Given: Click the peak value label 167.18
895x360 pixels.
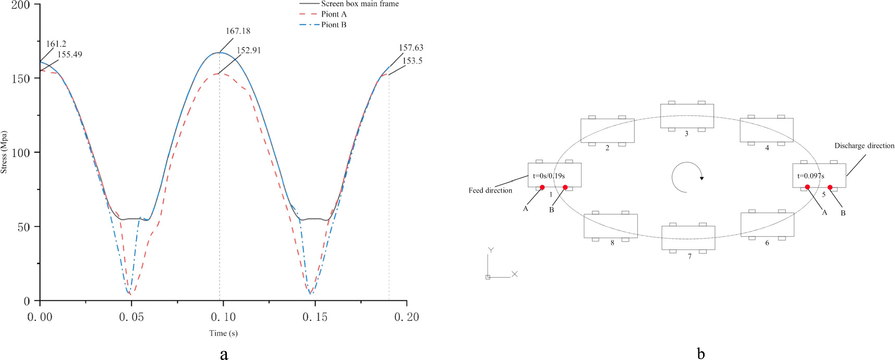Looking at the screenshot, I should [238, 31].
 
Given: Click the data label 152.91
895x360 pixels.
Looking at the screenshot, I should [248, 51].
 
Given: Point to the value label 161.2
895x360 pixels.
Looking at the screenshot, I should [56, 44].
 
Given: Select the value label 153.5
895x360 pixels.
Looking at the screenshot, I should [412, 61].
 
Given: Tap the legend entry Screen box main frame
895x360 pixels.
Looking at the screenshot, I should [359, 4].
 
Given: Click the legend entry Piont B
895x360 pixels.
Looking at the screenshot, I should [333, 25].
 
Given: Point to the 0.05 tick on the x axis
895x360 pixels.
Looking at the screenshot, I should [131, 317].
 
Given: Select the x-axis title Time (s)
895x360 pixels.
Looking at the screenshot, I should [223, 333].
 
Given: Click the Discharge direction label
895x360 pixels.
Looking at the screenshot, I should [864, 146].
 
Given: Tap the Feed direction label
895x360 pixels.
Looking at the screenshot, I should [490, 191].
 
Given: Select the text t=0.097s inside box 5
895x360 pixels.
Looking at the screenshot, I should [811, 176].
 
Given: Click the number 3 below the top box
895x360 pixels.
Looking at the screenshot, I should [686, 134].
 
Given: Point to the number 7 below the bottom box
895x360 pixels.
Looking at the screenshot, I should [690, 257].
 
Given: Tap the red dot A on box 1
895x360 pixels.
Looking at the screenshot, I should [542, 187].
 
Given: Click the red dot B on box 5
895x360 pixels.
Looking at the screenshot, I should [830, 187].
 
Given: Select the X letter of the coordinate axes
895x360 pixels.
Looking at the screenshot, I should [514, 274].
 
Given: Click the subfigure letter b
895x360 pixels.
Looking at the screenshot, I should [700, 354].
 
